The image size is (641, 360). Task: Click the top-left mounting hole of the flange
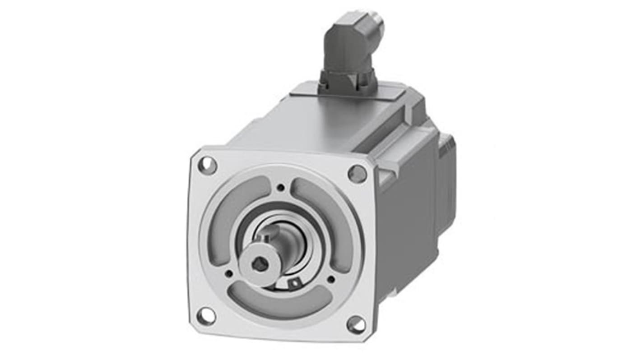207,165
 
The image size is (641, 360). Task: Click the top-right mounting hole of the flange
357,173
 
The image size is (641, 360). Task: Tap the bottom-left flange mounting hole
206,316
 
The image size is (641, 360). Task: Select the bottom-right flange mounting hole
356,324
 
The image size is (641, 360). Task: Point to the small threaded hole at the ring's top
281,187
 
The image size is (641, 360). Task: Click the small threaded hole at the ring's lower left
229,273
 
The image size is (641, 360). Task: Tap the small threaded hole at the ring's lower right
331,279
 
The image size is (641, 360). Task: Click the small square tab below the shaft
294,283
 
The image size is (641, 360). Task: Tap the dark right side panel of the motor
406,226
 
